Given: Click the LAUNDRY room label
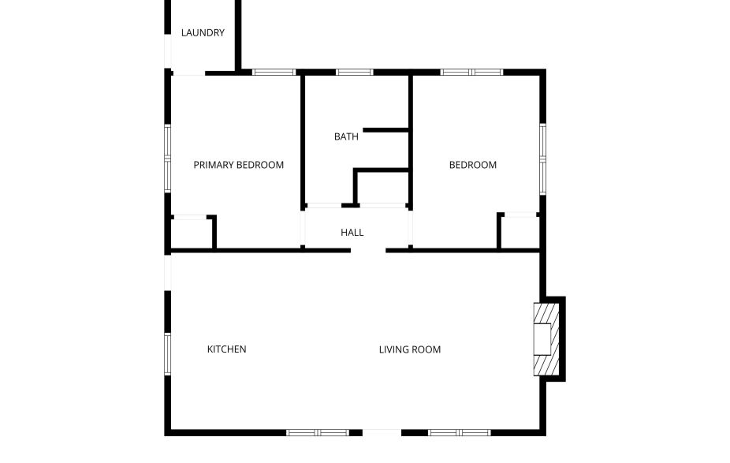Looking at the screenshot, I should point(203,33).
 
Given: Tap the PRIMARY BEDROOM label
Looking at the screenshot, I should point(238,165).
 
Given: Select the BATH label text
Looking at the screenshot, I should point(346,136).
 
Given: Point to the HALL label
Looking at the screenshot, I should point(352,233).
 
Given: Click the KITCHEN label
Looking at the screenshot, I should point(226,349).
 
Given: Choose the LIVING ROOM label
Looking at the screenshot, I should point(409,349).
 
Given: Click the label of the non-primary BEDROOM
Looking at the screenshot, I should point(472,165).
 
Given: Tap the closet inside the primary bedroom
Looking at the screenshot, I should point(189,233).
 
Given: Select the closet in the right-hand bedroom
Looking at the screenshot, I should point(520,231).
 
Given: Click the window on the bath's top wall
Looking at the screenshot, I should point(354,73).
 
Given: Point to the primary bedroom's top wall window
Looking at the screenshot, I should point(274,73).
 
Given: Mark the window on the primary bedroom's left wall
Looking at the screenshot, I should point(167,158).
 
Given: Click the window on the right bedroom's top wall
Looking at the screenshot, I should point(471,73).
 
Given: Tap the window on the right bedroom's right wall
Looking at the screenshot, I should point(542,158).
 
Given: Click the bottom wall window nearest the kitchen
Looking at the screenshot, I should point(317,432).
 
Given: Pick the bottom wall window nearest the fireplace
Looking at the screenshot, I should point(459,432).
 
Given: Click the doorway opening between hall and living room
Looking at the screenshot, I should point(368,251).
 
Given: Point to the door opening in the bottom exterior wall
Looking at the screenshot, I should point(382,432).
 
